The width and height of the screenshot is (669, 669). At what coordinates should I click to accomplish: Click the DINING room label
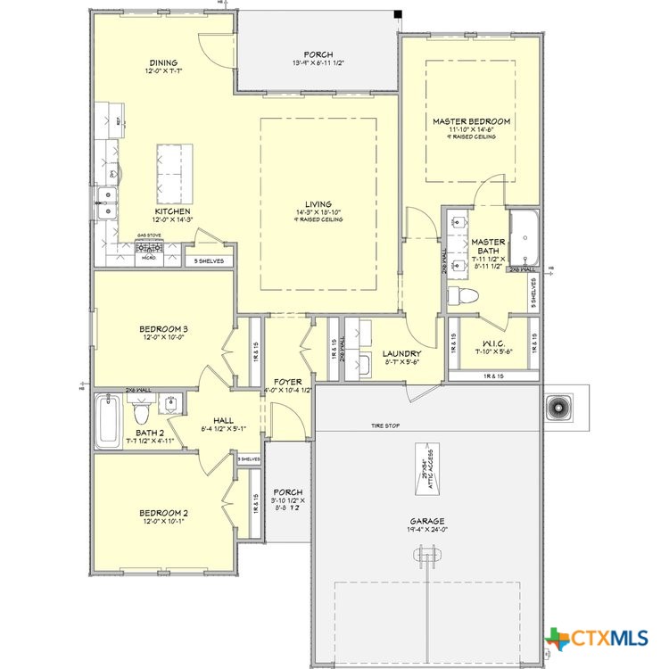point(162,63)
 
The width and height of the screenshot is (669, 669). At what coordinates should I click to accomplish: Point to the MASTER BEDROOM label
point(471,121)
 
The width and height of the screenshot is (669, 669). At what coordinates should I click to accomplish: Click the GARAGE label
point(427,521)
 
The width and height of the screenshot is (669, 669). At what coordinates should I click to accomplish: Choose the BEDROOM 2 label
point(162,513)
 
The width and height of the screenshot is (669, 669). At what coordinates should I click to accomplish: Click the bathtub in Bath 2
point(109,422)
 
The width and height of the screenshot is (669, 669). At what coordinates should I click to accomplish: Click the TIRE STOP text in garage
point(385,426)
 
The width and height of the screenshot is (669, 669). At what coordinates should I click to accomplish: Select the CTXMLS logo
point(597,638)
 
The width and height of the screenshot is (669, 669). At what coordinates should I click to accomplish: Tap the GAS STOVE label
point(147,236)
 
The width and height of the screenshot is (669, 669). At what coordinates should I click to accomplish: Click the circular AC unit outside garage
point(559,406)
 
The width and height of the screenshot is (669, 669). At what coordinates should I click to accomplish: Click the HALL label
point(223,420)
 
